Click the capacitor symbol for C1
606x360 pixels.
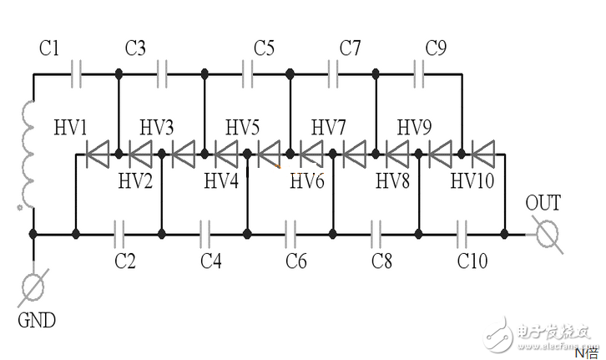tap(76, 74)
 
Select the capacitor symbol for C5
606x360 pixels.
tap(248, 74)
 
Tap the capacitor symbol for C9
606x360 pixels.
tap(419, 74)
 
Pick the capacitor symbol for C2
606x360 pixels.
tap(119, 234)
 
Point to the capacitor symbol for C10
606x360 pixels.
tap(462, 234)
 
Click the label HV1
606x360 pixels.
tap(70, 127)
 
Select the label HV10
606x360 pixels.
tap(472, 180)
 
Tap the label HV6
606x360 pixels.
tap(307, 180)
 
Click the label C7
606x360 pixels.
tap(350, 48)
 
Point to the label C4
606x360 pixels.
tap(211, 261)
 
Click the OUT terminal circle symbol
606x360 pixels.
tap(548, 234)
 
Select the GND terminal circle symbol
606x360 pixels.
tap(33, 287)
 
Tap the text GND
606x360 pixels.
tap(37, 320)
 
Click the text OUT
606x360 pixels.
tap(543, 203)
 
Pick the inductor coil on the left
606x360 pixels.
tap(26, 155)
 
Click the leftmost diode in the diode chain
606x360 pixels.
tap(98, 155)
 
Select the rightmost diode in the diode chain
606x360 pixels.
tap(483, 155)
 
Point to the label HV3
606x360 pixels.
tap(157, 127)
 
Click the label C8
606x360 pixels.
tap(381, 261)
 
